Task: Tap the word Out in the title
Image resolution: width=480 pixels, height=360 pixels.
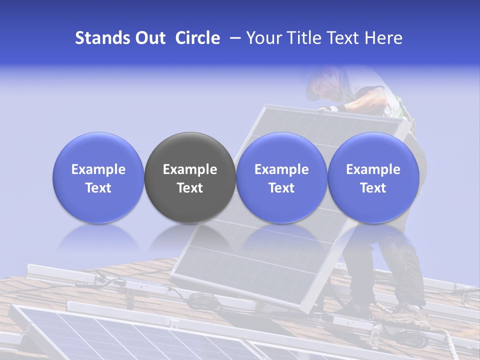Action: (x=149, y=38)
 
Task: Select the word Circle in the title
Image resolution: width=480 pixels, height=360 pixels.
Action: (x=197, y=38)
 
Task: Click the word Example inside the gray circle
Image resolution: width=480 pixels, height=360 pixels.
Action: (x=190, y=169)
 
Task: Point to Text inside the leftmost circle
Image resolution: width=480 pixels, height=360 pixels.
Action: (x=98, y=188)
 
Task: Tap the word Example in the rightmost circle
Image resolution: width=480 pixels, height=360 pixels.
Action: (x=373, y=169)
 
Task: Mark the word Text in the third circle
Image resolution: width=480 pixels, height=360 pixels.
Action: (x=281, y=188)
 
